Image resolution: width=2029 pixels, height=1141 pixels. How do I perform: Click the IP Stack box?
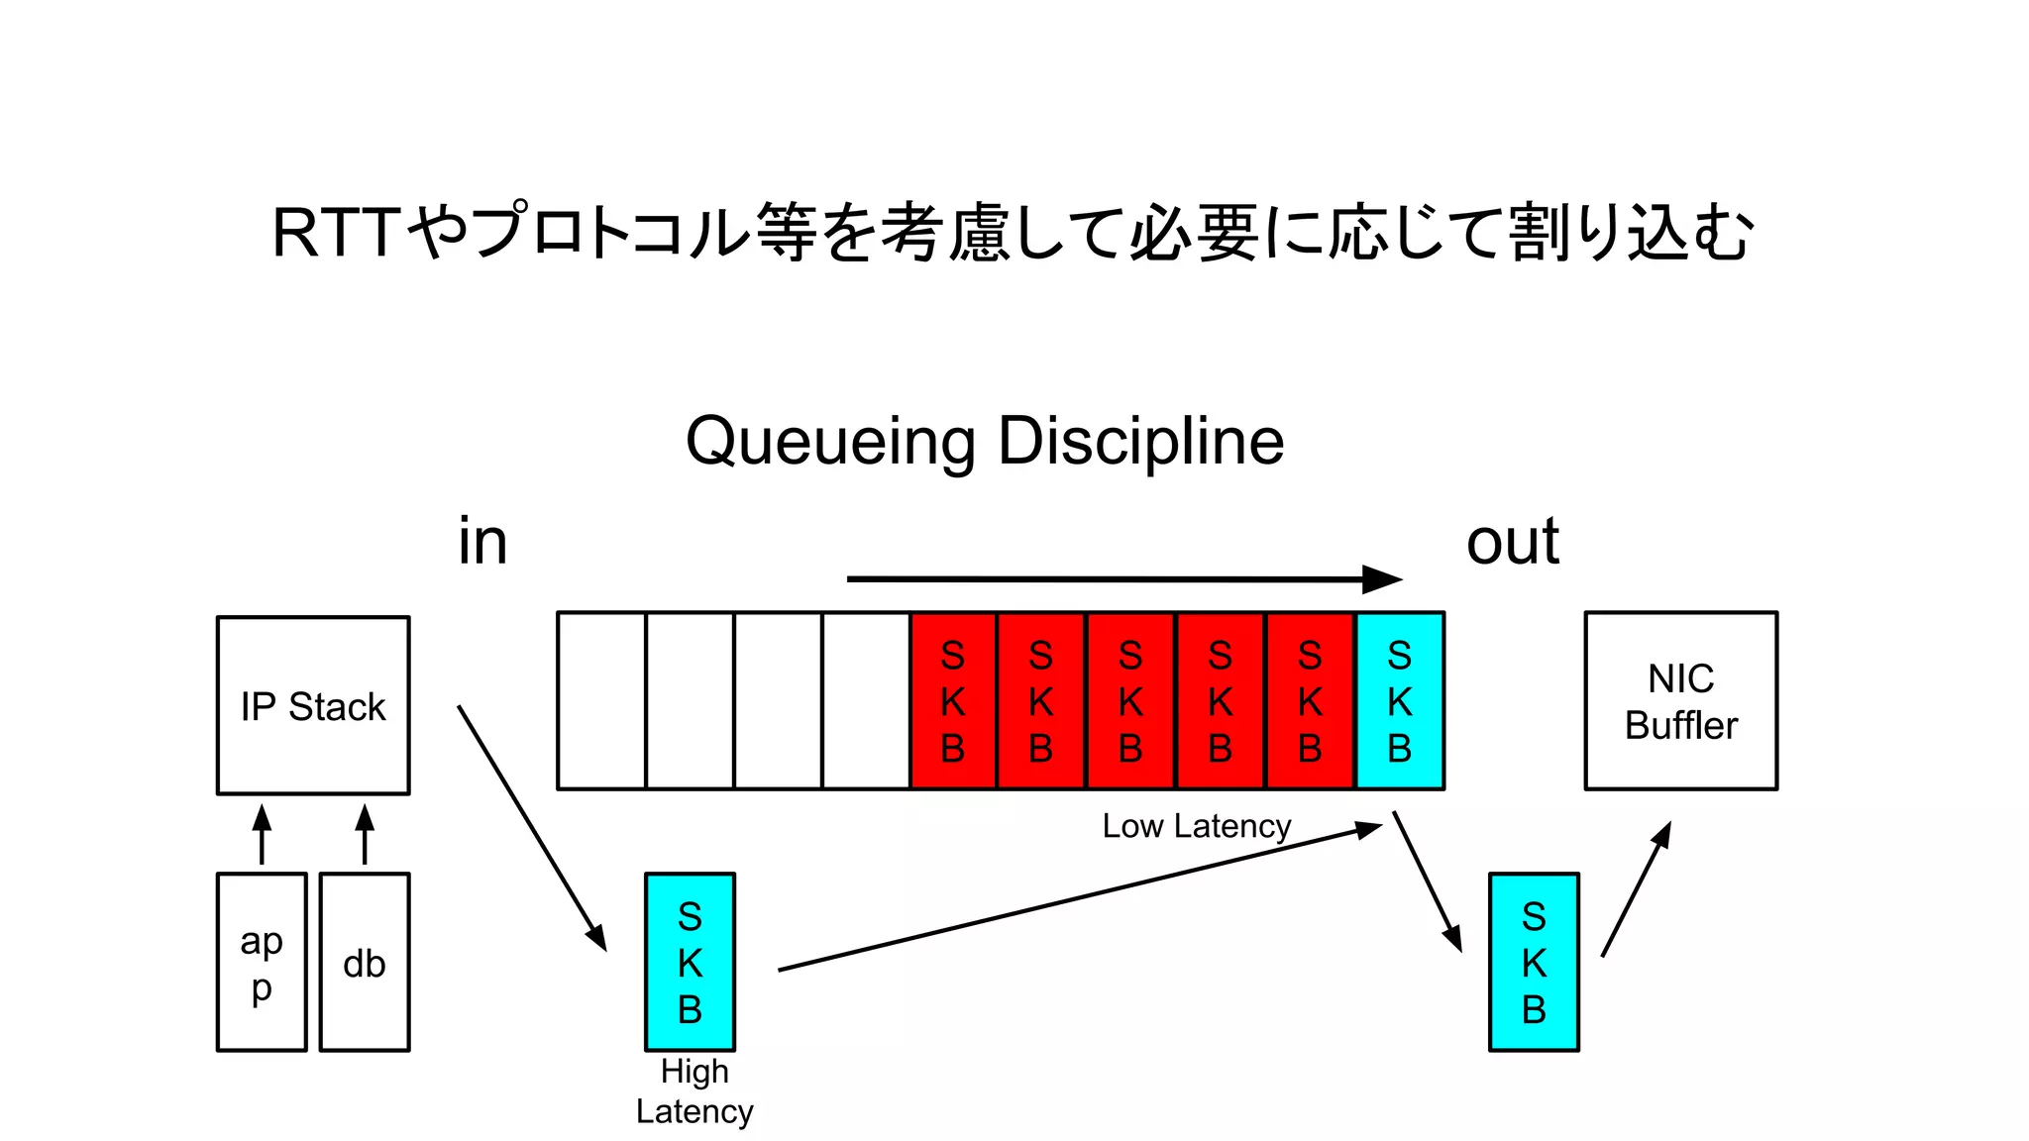click(313, 705)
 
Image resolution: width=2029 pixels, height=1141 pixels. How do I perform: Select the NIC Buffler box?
click(1680, 701)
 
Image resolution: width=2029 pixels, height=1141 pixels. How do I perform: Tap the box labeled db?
click(365, 962)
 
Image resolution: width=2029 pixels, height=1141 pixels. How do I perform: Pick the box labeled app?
click(262, 962)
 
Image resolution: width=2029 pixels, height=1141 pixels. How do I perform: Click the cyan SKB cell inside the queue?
click(1399, 701)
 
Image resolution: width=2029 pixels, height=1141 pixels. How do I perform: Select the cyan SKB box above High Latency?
click(690, 962)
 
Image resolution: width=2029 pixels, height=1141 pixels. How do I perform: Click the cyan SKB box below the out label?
click(1534, 962)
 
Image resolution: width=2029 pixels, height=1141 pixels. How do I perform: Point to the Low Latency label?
click(1196, 826)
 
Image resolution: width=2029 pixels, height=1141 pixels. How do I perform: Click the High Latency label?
click(694, 1091)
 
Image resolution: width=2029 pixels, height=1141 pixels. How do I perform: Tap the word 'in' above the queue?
click(482, 542)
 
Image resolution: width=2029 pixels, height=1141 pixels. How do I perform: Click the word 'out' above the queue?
click(1512, 542)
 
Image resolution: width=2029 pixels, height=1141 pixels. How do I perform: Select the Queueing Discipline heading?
click(985, 441)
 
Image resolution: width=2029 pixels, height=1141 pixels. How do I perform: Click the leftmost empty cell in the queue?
click(601, 701)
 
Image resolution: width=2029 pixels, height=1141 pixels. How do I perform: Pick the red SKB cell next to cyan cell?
click(1310, 701)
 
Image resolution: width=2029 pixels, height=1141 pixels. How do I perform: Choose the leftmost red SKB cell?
click(953, 701)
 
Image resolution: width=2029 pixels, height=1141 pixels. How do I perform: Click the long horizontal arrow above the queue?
click(1123, 579)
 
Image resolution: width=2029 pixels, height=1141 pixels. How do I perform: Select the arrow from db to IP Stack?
click(365, 834)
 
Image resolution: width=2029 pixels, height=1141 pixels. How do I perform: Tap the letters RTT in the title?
click(337, 234)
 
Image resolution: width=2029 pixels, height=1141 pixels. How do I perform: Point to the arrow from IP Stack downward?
click(532, 828)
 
